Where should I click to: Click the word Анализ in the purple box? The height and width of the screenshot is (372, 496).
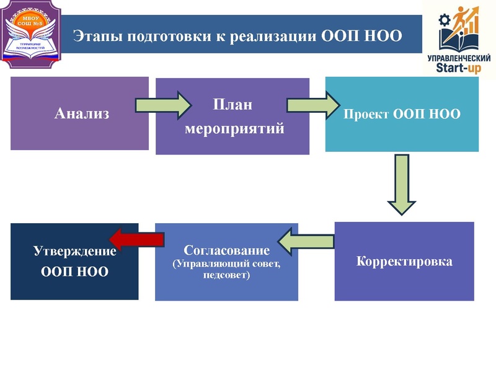81,113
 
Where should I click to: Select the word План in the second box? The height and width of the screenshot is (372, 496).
232,104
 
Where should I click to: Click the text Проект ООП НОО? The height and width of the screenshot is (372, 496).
402,115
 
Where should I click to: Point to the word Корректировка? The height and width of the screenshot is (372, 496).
404,261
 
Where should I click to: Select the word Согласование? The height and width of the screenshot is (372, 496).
227,251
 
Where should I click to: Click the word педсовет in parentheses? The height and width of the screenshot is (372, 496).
226,275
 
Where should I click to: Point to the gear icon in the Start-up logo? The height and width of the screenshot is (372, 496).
444,20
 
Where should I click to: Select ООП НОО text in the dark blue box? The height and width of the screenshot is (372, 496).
74,271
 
